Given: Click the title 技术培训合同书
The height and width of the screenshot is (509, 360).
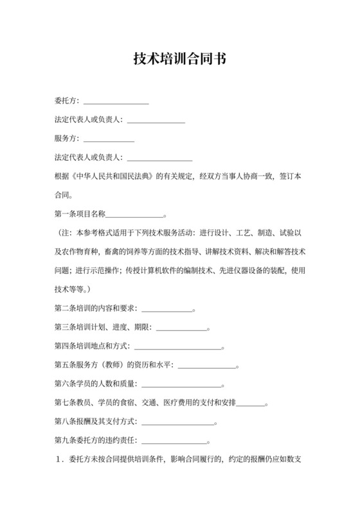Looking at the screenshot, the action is coord(179,59).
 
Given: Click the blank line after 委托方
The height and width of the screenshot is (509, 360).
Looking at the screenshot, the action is coord(116,102).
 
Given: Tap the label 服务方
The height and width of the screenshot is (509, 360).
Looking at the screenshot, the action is coord(66,138).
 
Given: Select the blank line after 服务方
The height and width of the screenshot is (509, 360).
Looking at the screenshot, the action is coord(109,139).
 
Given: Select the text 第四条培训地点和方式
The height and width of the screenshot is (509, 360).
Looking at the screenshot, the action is coord(91,346).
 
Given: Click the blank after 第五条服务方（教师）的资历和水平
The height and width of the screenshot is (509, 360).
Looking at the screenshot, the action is coord(206,366).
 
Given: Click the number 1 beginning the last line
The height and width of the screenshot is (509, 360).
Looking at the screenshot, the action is coord(59,460).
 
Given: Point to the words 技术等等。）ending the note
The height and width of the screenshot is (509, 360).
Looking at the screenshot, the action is coord(77,289).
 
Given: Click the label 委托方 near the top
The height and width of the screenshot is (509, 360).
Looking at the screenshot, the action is coord(66,101).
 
